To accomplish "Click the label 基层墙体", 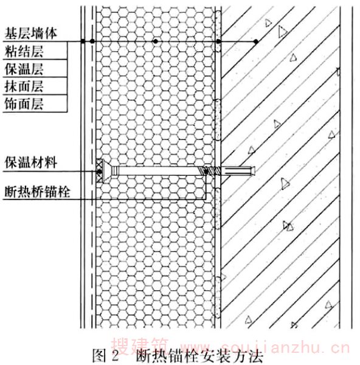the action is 31,33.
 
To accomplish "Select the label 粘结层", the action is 24,51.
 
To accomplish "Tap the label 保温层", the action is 24,69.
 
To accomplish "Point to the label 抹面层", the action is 24,86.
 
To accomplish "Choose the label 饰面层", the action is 24,104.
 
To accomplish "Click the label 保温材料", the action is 31,162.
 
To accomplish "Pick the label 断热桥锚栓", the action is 37,192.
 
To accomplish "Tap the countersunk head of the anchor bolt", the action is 107,171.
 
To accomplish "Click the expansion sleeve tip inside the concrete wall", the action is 238,171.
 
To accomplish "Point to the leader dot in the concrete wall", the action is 256,41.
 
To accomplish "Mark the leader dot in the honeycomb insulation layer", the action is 156,41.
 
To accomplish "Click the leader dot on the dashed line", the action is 92,41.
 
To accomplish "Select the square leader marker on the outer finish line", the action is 83,41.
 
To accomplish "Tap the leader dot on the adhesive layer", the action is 218,41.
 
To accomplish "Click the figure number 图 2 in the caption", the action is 105,355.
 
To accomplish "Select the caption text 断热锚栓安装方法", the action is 199,356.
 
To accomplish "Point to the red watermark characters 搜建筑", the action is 140,346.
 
